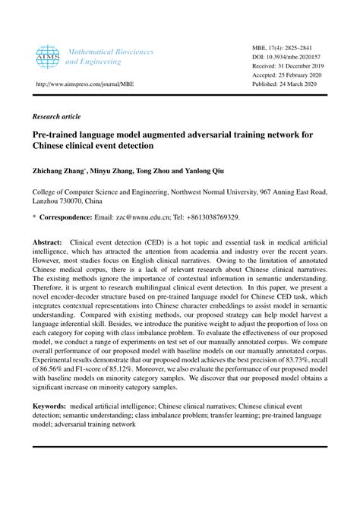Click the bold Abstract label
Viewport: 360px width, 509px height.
click(46, 242)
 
